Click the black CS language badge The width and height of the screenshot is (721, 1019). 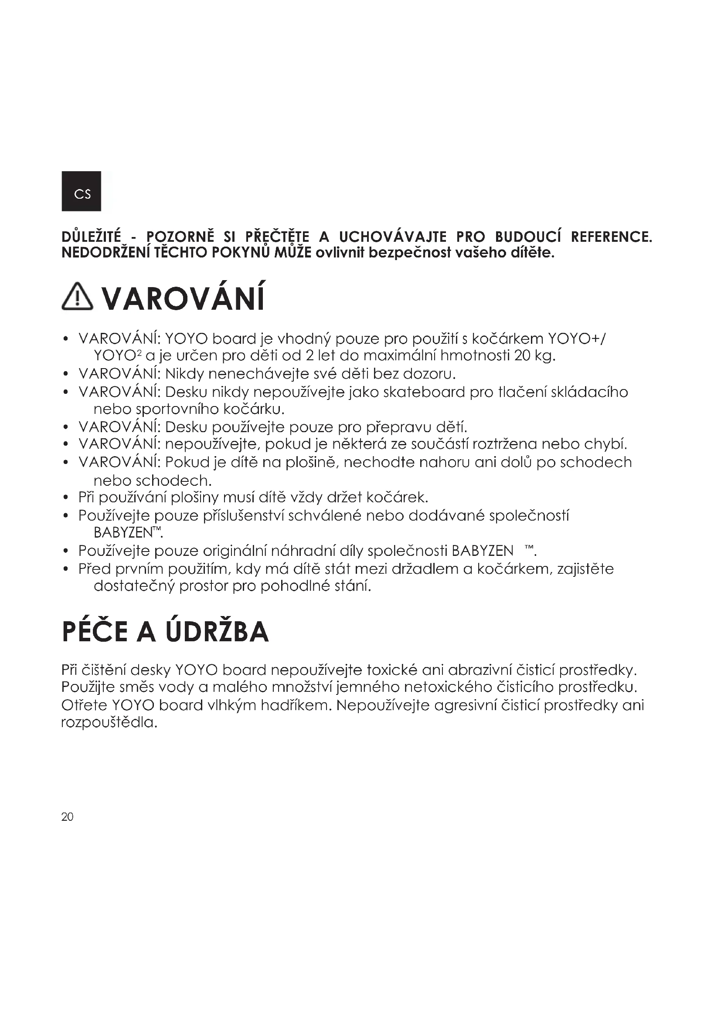click(x=81, y=191)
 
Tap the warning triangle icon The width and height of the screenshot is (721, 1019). click(x=77, y=296)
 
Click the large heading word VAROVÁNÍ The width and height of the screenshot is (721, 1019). click(x=183, y=299)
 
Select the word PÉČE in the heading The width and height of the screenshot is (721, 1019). click(x=94, y=632)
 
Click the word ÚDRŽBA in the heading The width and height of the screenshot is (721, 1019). click(x=217, y=632)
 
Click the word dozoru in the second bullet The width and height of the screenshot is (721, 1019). click(x=429, y=374)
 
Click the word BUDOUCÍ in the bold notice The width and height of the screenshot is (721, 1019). click(x=528, y=237)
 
